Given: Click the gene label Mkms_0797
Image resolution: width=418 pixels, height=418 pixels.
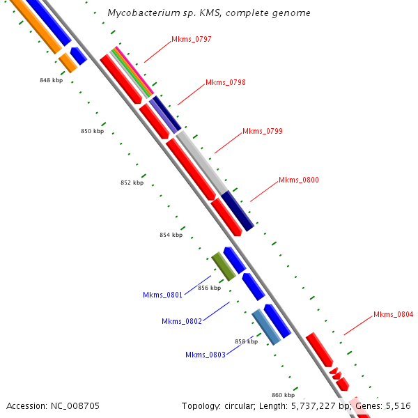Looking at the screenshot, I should coord(191,39).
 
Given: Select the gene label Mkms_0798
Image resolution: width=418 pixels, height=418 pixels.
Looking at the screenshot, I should coord(225,82).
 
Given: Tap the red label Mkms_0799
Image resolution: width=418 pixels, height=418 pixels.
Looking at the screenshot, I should coord(262,131).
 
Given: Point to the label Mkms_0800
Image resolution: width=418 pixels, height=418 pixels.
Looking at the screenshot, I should coord(298,180).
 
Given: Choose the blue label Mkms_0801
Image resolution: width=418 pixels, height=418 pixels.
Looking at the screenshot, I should coord(162,295).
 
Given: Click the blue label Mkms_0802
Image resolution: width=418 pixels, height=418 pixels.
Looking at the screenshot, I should coord(181,321).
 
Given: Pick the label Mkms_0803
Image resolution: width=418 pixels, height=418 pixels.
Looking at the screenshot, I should coord(205,355).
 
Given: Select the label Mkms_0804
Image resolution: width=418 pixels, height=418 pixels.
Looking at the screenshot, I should coord(393,314).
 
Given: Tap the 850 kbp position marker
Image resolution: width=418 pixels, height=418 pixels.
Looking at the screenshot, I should coord(92,131).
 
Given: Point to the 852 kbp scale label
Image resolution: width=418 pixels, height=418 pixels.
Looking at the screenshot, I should coord(132,183).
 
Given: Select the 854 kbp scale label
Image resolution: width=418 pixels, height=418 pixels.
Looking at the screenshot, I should coord(171,235).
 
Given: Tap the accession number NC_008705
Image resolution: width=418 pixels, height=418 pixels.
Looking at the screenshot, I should coord(52,405).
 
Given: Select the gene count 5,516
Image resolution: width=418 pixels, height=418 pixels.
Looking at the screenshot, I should coord(396,405).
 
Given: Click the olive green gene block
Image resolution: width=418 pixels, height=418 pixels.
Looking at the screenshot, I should coord(224,267).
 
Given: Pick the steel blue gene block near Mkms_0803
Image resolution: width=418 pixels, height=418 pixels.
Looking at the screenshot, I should coord(266,327).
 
